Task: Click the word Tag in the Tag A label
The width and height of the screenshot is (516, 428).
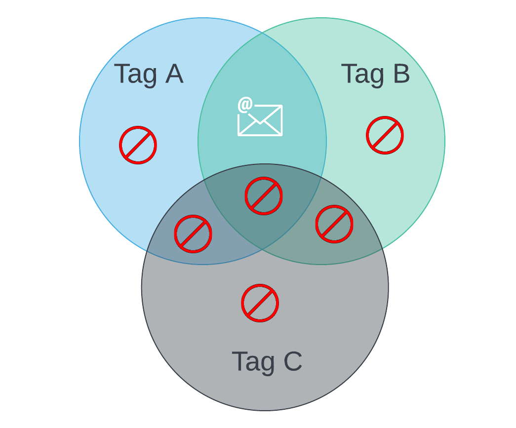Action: coord(135,75)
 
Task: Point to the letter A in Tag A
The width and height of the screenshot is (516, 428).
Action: coord(174,74)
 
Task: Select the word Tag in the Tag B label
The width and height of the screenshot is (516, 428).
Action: coord(362,75)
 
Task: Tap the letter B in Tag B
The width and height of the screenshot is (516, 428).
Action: coord(401,74)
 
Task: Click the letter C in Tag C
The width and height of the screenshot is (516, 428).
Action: coord(292,361)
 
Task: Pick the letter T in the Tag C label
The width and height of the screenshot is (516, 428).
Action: coord(240,361)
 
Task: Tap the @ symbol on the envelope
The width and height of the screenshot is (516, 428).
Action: coord(245,105)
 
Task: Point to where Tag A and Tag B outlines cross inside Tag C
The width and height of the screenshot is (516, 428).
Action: coord(262,250)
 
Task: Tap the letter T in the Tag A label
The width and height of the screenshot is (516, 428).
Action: coord(122,74)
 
